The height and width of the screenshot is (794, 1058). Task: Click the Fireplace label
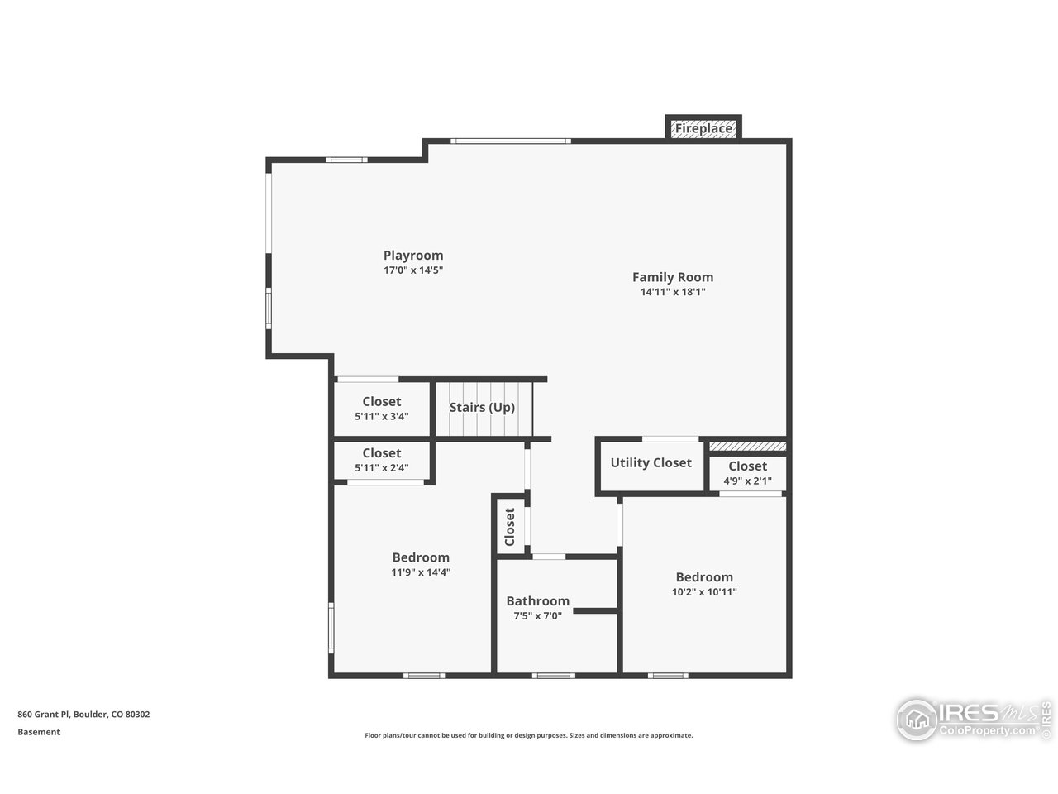[703, 128]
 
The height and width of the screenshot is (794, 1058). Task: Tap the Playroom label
[413, 256]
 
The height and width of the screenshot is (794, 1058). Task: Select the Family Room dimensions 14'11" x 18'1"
[672, 292]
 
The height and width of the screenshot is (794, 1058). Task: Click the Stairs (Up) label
[482, 407]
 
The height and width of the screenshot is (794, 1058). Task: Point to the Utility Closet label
[651, 462]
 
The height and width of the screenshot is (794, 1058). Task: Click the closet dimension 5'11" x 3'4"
[381, 417]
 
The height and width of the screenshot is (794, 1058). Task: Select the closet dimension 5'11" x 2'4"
[381, 468]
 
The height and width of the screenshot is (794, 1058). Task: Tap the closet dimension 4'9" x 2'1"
[747, 481]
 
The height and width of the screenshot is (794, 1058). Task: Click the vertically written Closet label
[510, 527]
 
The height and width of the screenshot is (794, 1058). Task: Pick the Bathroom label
[537, 601]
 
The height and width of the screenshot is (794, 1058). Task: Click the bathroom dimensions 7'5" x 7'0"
[537, 615]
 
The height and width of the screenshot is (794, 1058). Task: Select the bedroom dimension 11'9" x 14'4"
[421, 572]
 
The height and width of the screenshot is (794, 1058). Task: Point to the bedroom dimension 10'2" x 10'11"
[704, 591]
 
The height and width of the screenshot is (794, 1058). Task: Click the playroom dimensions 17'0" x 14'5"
[413, 270]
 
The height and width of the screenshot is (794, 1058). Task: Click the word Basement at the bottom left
[39, 732]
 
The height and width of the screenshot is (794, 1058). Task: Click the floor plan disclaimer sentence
[529, 735]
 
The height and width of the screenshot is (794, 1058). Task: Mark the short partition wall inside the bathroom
[595, 611]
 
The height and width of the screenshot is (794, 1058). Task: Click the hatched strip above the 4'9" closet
[747, 447]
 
